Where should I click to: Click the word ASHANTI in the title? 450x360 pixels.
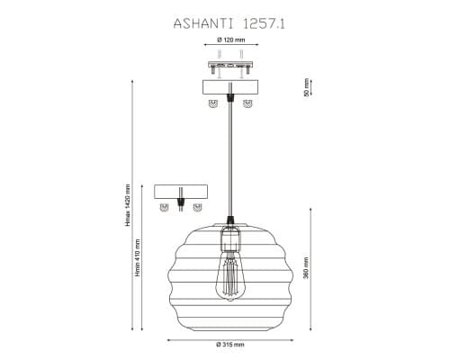203,24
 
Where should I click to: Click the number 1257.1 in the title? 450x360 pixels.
263,24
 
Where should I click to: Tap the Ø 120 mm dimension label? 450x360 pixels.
230,40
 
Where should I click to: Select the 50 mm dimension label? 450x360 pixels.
306,87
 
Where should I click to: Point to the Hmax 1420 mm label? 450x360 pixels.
129,205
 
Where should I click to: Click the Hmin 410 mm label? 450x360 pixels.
138,257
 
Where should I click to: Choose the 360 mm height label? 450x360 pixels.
306,268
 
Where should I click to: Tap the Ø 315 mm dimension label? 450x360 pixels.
230,345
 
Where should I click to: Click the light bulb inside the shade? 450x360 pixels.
230,276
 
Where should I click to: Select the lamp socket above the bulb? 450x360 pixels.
230,239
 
